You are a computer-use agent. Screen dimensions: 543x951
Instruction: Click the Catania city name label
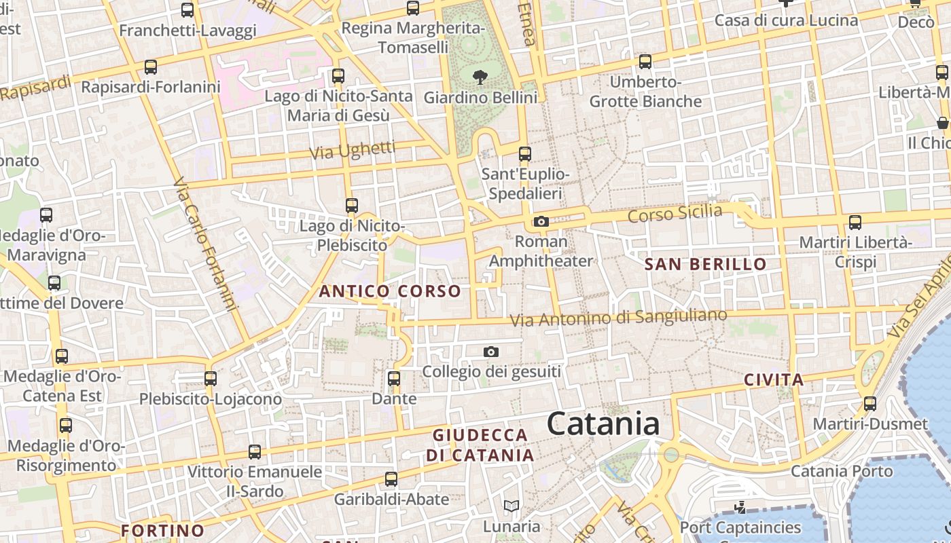point(603,424)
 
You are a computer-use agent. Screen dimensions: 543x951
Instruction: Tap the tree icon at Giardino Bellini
point(480,77)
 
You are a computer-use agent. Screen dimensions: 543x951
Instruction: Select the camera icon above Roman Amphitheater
point(541,221)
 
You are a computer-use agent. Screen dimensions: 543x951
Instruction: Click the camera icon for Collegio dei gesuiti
point(491,352)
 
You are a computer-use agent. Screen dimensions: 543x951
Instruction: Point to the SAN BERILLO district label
point(705,264)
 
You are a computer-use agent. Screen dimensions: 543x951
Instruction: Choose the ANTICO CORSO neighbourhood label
point(390,291)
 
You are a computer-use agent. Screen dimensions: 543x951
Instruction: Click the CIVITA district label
point(774,379)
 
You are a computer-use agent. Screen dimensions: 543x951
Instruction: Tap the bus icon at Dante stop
point(394,378)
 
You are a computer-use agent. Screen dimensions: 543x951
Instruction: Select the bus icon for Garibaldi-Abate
point(391,479)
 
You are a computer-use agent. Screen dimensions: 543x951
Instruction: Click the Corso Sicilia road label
point(675,214)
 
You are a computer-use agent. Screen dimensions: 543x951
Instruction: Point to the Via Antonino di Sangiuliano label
point(618,317)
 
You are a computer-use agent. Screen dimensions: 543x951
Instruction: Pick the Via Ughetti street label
point(352,150)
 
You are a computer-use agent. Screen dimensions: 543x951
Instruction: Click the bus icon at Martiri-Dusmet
point(870,404)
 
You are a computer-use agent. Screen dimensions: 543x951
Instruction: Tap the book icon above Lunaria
point(512,506)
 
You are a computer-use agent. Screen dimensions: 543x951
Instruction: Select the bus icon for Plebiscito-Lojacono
point(211,378)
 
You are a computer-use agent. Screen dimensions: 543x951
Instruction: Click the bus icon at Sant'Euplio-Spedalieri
point(525,153)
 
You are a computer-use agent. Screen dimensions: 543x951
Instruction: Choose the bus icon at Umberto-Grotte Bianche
point(645,61)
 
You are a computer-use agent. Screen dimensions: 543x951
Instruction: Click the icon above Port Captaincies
point(740,507)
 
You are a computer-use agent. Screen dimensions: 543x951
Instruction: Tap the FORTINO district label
point(162,530)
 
